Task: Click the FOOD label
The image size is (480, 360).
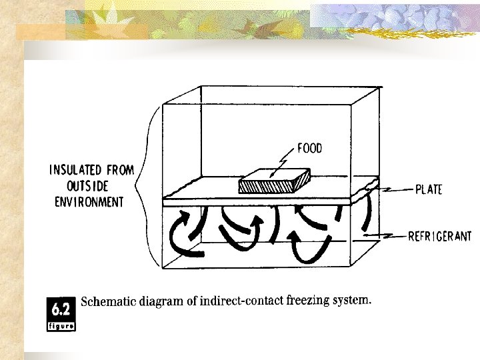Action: pos(309,148)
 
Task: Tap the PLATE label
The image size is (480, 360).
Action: pos(429,190)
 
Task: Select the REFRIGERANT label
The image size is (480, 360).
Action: pos(439,235)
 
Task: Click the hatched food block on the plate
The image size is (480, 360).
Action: pos(274,181)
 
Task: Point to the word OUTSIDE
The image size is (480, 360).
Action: pos(89,186)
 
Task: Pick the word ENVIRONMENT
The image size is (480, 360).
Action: pos(89,201)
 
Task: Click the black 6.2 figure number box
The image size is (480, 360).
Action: pos(62,309)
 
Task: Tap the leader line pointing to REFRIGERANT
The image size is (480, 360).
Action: pos(387,235)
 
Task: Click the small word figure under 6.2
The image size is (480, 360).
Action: pos(62,326)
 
